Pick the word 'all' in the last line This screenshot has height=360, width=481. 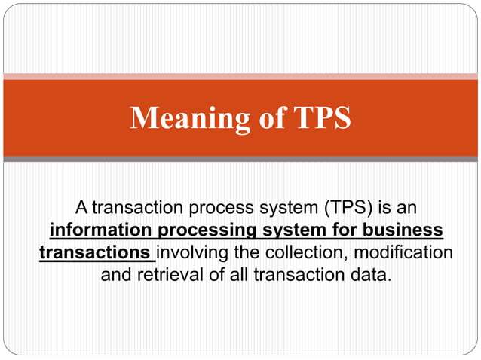pos(240,274)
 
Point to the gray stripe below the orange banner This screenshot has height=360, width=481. pos(240,159)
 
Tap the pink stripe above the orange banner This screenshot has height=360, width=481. pos(240,76)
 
